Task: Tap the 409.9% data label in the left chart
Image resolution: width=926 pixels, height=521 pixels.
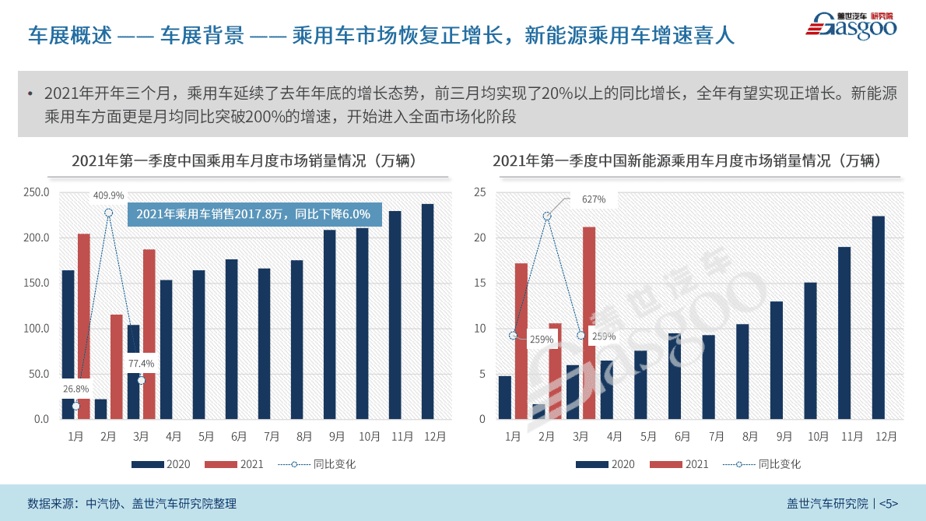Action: pos(108,195)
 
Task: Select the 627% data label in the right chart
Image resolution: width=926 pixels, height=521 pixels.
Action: pos(593,199)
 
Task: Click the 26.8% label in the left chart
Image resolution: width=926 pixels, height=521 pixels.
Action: pos(75,389)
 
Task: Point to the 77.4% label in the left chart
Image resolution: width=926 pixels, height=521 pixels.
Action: pos(141,363)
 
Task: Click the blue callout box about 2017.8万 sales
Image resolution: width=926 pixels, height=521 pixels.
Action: pos(254,214)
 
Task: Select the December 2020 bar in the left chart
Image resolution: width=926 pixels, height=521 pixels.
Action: pos(427,312)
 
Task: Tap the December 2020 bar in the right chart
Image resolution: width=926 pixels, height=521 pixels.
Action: pos(879,318)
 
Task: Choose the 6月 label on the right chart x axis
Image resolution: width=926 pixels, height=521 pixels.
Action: pos(682,437)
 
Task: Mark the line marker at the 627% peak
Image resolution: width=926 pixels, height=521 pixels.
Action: pos(547,216)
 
